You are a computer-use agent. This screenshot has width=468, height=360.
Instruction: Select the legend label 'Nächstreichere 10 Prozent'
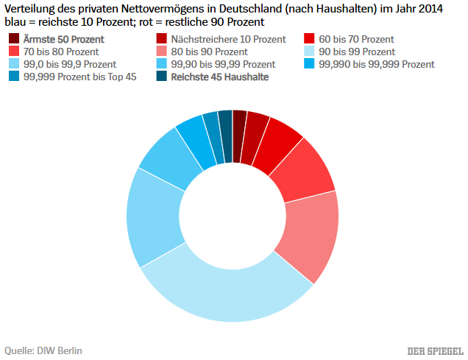pyautogui.click(x=228, y=38)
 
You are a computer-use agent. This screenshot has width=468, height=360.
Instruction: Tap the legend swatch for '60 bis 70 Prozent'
pyautogui.click(x=309, y=38)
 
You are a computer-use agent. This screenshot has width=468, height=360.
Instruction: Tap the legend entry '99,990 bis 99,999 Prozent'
pyautogui.click(x=376, y=64)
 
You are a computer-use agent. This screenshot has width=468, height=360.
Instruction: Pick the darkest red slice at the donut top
pyautogui.click(x=239, y=125)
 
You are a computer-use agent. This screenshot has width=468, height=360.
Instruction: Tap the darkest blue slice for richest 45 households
pyautogui.click(x=225, y=125)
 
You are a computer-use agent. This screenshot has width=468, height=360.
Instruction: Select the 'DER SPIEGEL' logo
pyautogui.click(x=435, y=350)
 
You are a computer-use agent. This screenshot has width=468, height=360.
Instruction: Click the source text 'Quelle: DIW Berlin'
pyautogui.click(x=43, y=350)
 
